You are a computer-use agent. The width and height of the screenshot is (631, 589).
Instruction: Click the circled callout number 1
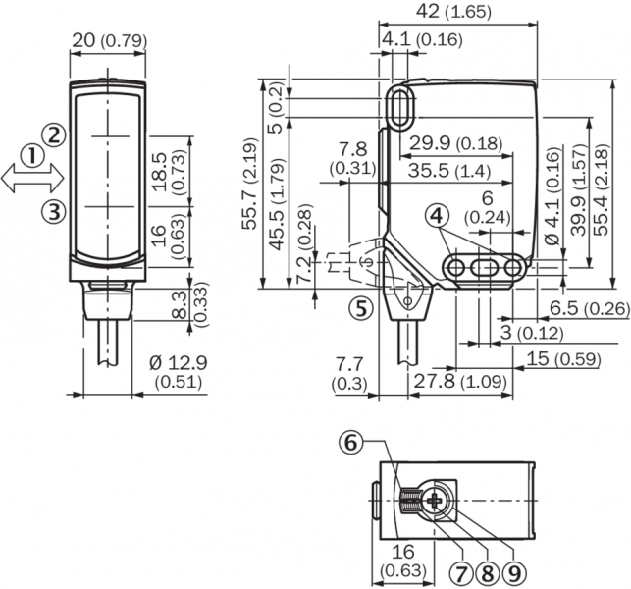pos(32,156)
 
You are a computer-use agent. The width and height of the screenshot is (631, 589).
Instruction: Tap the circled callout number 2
pos(54,134)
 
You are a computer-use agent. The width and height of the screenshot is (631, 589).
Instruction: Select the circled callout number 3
pos(54,209)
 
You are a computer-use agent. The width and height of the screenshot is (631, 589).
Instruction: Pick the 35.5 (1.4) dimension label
pos(457,170)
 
